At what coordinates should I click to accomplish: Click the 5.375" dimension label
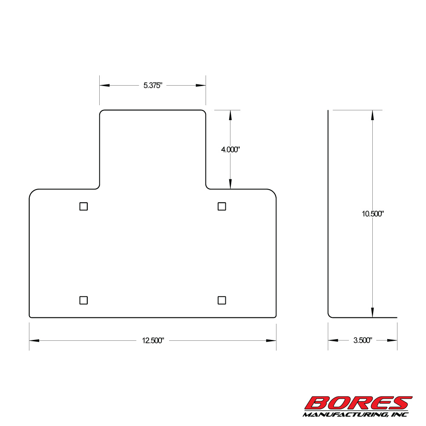click(153, 85)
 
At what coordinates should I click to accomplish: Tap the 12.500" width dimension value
click(153, 340)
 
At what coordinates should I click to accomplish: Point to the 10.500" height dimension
click(373, 214)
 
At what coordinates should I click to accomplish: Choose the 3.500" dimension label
click(363, 340)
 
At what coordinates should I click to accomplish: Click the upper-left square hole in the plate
click(83, 206)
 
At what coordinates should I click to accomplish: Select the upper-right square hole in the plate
click(222, 206)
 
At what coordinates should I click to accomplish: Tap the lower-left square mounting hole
click(83, 300)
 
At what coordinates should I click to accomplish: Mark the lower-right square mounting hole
click(222, 300)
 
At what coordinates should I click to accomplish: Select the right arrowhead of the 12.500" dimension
click(271, 340)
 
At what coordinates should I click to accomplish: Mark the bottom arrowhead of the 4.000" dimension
click(230, 184)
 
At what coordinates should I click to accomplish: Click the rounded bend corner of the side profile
click(330, 315)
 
